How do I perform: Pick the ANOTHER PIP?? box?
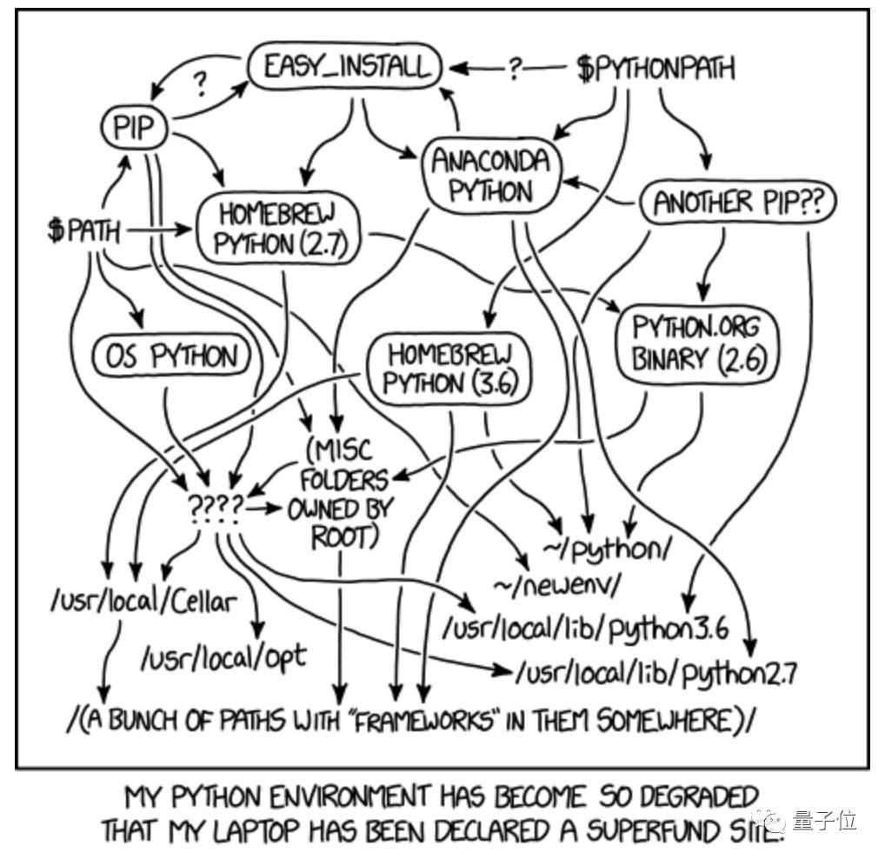[738, 203]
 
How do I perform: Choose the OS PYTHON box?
[170, 356]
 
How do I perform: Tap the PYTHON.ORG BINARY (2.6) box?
[695, 343]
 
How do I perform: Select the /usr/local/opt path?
[223, 657]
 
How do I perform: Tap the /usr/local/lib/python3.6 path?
[585, 628]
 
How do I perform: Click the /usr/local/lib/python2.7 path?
[656, 672]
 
